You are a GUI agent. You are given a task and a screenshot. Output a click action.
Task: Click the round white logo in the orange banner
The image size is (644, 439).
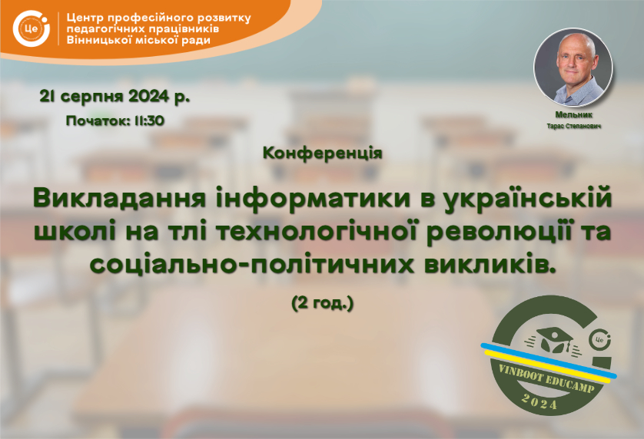32,28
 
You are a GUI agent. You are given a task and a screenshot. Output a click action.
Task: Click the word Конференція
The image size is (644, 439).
323,153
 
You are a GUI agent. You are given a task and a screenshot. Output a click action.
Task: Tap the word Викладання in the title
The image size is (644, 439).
119,199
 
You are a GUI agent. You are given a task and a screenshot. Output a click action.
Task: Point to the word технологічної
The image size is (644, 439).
316,233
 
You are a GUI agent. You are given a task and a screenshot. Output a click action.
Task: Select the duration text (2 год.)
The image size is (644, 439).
323,304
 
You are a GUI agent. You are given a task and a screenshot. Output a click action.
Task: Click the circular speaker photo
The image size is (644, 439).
573,68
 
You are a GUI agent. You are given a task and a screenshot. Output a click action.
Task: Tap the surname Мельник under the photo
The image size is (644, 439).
573,115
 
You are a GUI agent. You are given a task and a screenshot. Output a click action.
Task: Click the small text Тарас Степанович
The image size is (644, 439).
574,126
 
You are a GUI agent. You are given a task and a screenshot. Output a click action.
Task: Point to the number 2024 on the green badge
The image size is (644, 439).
539,401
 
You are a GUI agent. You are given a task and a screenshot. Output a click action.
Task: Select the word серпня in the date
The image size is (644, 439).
95,97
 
